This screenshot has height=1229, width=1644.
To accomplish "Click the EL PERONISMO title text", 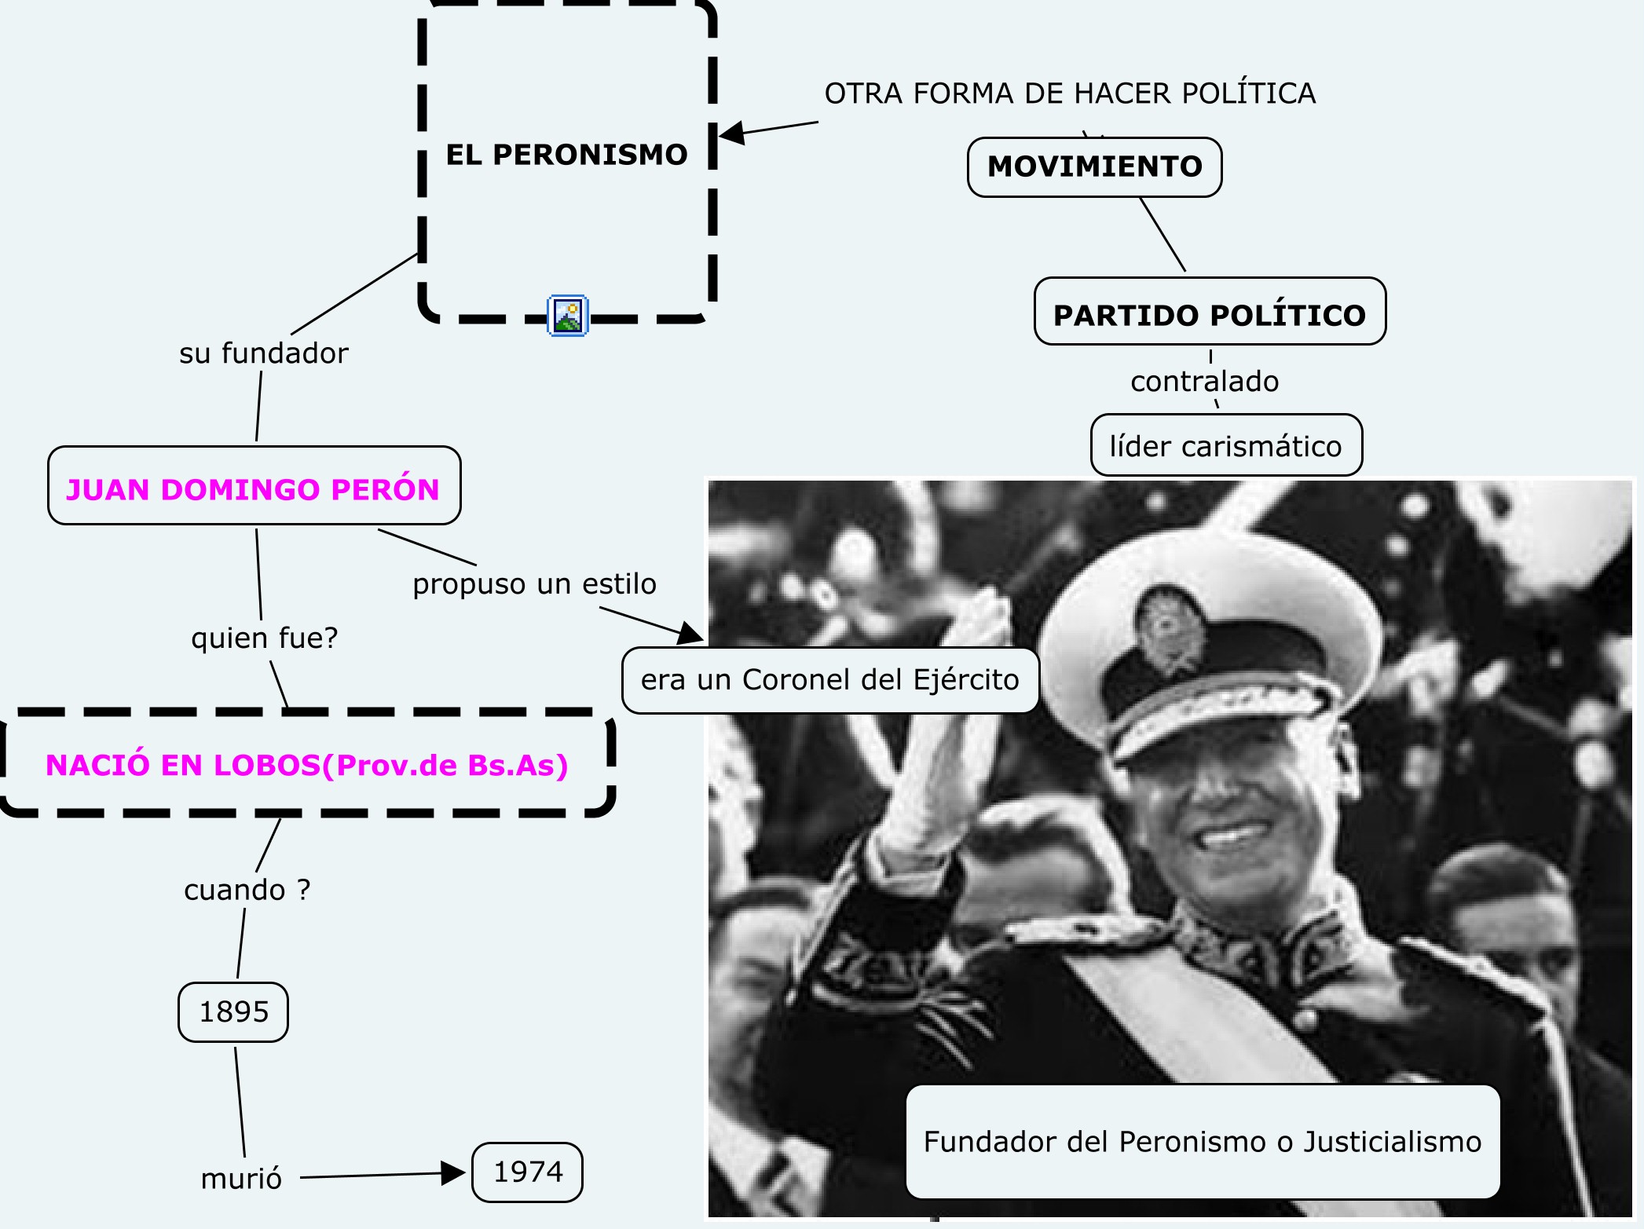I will click(566, 155).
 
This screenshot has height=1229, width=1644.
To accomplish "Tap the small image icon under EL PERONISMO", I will click(567, 316).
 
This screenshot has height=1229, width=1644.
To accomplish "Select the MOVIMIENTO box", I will click(1094, 166).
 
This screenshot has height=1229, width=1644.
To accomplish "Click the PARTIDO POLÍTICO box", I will click(1210, 314).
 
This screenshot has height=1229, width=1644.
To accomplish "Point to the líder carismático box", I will click(1225, 446).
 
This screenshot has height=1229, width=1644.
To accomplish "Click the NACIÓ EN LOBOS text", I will click(306, 765).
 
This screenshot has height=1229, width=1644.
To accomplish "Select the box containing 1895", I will click(233, 1011).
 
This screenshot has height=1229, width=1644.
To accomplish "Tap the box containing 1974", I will click(527, 1172).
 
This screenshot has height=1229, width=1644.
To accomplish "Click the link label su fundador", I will click(263, 353).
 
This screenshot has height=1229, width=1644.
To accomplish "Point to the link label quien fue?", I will click(264, 638).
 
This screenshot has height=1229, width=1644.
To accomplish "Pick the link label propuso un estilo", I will click(534, 584).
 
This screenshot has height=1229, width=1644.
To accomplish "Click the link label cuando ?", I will click(247, 890).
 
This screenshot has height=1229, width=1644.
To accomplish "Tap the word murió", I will click(241, 1179).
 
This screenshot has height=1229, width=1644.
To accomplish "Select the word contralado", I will click(1204, 382).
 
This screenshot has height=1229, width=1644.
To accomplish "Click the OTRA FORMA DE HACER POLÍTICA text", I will click(1069, 93).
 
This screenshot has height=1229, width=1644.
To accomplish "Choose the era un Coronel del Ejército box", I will click(829, 680).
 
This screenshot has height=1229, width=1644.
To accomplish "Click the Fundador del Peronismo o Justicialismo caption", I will click(1202, 1141).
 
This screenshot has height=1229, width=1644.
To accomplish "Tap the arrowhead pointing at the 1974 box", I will click(453, 1173).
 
